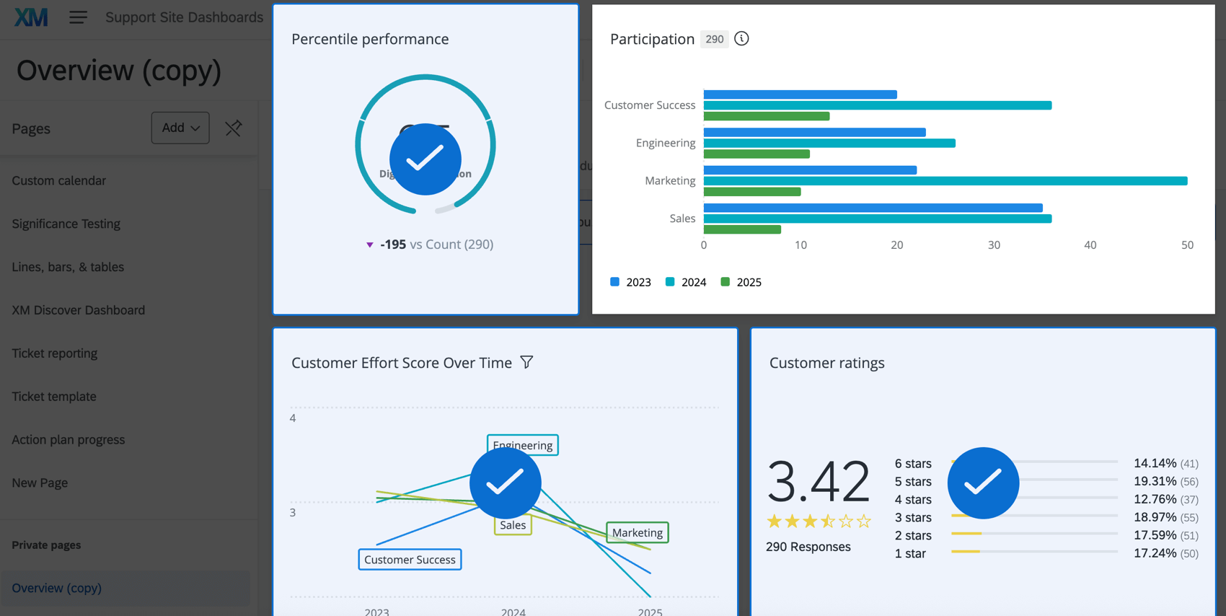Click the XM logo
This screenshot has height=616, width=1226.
(31, 17)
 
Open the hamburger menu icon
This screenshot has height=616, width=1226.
(78, 17)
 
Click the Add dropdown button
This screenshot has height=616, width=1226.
(180, 128)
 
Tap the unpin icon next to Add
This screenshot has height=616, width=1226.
(233, 128)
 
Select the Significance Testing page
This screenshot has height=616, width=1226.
(66, 224)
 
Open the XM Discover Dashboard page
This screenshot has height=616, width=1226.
(79, 310)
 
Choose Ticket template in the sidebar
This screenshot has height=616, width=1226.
(54, 397)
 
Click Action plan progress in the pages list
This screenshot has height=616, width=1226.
(69, 440)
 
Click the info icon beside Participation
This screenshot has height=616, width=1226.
(741, 39)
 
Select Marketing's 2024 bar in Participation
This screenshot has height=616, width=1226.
(945, 181)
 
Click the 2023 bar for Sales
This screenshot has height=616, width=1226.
(873, 208)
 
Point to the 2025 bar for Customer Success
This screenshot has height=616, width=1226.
(766, 116)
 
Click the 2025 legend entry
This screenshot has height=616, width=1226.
(741, 282)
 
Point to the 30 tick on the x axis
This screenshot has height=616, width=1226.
(994, 245)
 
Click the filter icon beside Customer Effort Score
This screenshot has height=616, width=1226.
(527, 362)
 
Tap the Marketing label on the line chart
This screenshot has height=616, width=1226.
(638, 533)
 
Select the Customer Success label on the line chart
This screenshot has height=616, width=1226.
(410, 560)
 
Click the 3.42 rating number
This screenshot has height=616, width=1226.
(818, 481)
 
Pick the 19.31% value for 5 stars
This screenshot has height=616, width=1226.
(1155, 481)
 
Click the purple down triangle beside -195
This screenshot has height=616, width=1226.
(370, 245)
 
